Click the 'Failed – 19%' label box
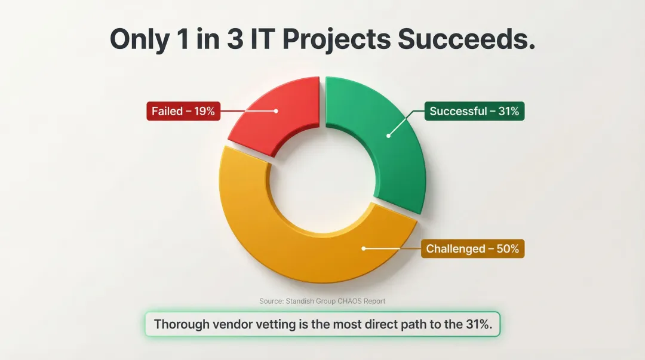coord(183,111)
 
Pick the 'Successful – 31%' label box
coord(474,111)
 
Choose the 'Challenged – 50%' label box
coord(472,248)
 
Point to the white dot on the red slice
coord(276,111)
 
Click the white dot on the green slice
coord(388,136)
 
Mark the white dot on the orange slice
coord(364,248)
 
